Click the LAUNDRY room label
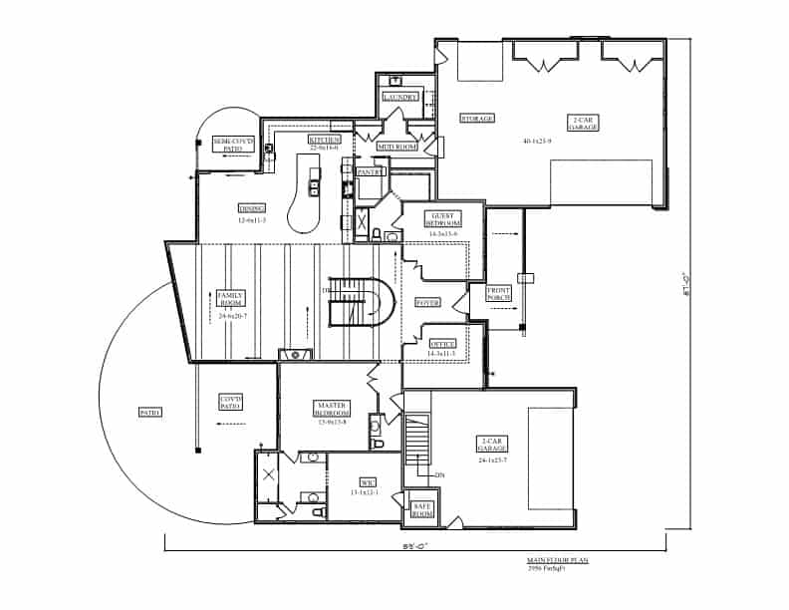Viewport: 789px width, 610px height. (x=400, y=97)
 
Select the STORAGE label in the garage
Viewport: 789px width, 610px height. (x=476, y=119)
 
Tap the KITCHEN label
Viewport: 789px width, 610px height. (x=324, y=140)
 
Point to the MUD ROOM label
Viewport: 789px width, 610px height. (x=396, y=147)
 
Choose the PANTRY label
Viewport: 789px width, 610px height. (x=370, y=171)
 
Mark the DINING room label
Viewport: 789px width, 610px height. (x=251, y=208)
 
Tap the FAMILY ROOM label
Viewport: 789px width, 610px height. (x=231, y=298)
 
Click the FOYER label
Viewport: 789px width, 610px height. (x=428, y=302)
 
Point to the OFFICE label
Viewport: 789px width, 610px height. (x=441, y=344)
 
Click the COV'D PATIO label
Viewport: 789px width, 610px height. (x=231, y=402)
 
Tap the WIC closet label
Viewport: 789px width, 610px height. (x=355, y=482)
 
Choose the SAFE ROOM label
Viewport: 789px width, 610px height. (x=422, y=509)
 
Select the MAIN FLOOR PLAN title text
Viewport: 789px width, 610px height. (x=557, y=561)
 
